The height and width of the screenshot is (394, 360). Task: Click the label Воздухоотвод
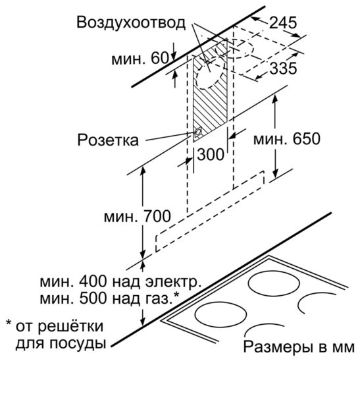pyautogui.click(x=131, y=23)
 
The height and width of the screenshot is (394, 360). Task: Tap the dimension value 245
pyautogui.click(x=283, y=23)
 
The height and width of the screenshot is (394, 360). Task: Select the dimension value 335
pyautogui.click(x=283, y=68)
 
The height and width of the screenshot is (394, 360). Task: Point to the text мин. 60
pyautogui.click(x=140, y=59)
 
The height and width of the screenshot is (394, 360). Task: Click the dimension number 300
pyautogui.click(x=211, y=154)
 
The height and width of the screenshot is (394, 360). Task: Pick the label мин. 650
pyautogui.click(x=286, y=139)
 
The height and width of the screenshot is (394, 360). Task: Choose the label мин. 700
pyautogui.click(x=137, y=216)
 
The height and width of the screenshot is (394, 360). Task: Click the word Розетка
pyautogui.click(x=108, y=140)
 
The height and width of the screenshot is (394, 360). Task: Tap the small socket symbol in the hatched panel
pyautogui.click(x=198, y=132)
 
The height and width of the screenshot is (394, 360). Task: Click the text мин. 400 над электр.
pyautogui.click(x=120, y=282)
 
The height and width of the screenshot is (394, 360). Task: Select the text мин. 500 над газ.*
pyautogui.click(x=109, y=298)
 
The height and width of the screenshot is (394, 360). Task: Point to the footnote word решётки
pyautogui.click(x=70, y=326)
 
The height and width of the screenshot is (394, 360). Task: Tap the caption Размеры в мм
pyautogui.click(x=299, y=347)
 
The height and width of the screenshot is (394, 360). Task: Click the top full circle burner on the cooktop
pyautogui.click(x=274, y=283)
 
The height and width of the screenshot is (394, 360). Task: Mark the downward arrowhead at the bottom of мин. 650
pyautogui.click(x=275, y=173)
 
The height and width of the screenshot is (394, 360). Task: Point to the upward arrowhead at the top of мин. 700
pyautogui.click(x=143, y=171)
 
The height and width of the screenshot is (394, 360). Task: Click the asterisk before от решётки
pyautogui.click(x=9, y=323)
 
